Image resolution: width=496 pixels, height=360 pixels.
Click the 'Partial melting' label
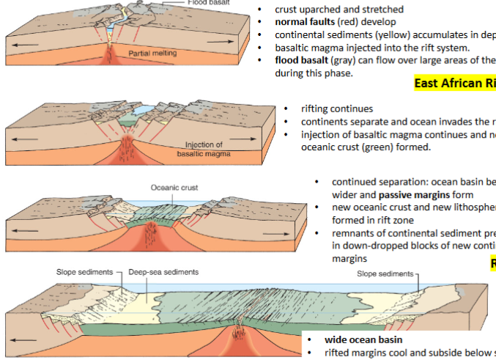pos(152,54)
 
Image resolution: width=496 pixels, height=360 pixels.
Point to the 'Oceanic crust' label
pos(174,188)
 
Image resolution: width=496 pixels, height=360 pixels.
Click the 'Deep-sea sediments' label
pos(163,272)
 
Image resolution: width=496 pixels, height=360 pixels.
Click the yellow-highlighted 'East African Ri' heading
pos(455,83)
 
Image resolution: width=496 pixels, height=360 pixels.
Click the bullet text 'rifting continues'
pos(337,109)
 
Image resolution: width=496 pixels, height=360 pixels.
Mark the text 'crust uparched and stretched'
pos(339,10)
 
